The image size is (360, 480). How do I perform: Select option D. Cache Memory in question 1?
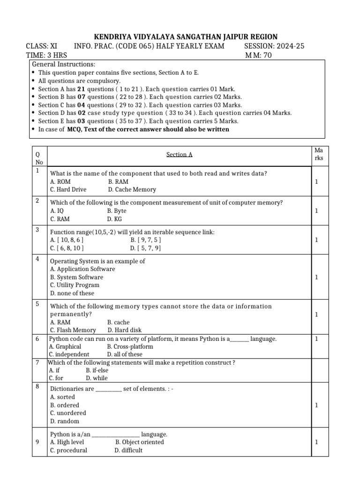[x=132, y=189]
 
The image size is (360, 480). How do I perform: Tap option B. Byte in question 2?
[x=117, y=211]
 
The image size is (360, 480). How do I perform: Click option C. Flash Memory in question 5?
[x=73, y=330]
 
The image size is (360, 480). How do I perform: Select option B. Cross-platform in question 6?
[x=130, y=346]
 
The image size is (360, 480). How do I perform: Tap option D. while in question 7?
[x=97, y=378]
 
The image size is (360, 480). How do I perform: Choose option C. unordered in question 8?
[x=68, y=413]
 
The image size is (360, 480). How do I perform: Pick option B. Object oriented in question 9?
[x=139, y=442]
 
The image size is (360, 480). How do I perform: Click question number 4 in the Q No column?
[x=37, y=259]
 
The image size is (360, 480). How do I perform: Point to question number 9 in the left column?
[x=37, y=442]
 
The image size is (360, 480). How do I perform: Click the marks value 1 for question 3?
[x=316, y=240]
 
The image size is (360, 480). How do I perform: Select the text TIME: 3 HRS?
[x=46, y=55]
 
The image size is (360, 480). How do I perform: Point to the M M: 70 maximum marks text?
[x=258, y=55]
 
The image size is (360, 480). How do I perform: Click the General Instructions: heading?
[x=63, y=64]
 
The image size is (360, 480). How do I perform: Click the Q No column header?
[x=38, y=158]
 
